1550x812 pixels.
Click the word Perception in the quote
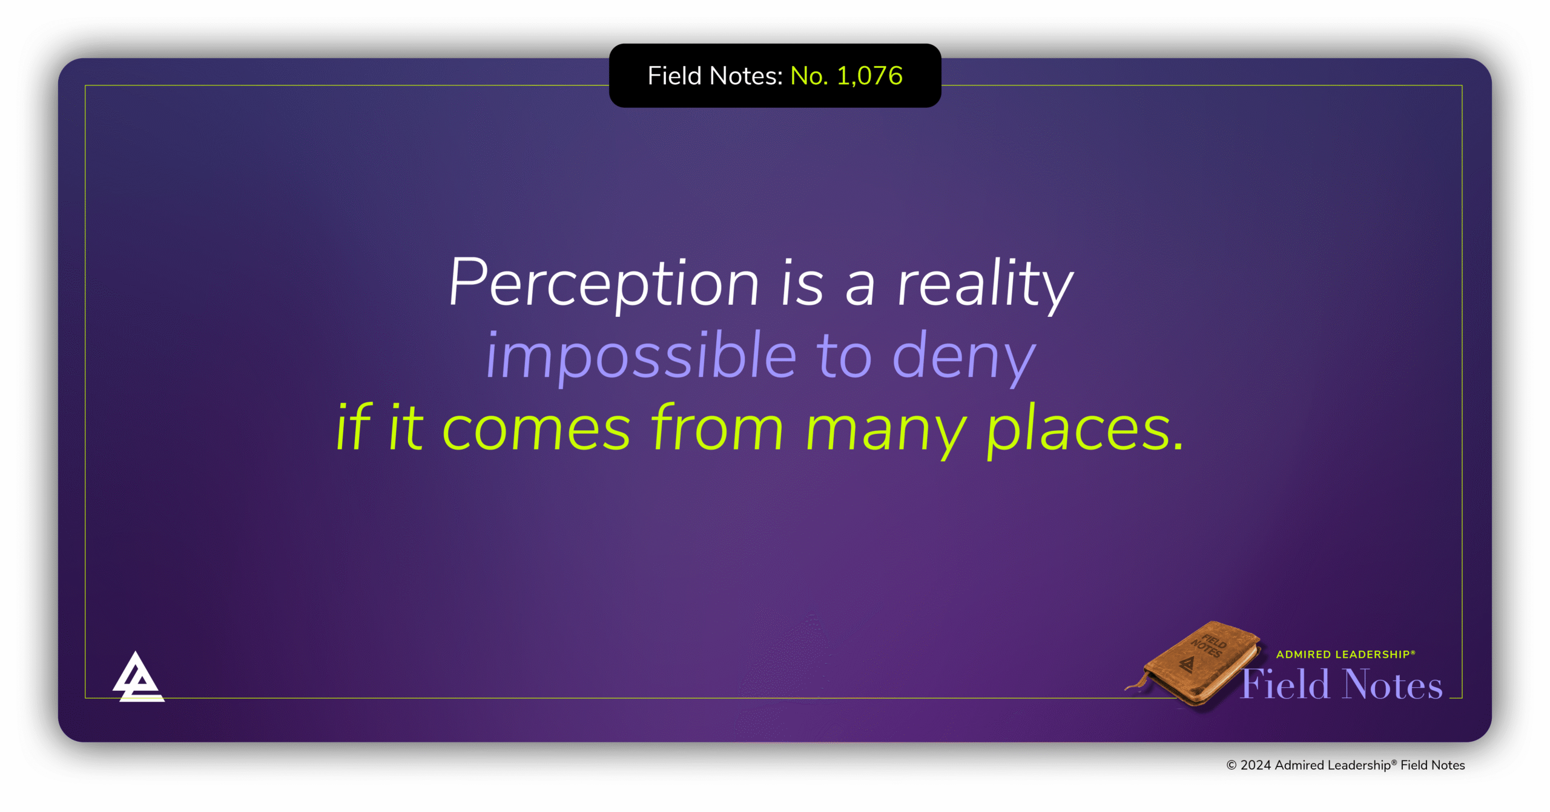pos(604,284)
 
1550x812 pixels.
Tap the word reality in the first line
pos(985,284)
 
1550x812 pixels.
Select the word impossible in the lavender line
pos(641,356)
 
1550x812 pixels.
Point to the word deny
pos(964,358)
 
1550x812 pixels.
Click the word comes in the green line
pos(536,429)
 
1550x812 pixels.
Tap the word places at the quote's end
pos(1084,429)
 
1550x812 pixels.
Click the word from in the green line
pos(717,427)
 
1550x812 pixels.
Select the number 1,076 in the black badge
pos(869,76)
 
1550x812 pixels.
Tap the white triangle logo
pos(138,677)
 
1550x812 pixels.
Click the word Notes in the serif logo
pos(1393,684)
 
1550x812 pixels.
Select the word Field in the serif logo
pos(1285,684)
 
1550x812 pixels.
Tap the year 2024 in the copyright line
pos(1256,765)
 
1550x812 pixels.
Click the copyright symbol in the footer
pos(1232,765)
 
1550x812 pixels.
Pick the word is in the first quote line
pos(802,284)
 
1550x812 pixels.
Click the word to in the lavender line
pos(844,358)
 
